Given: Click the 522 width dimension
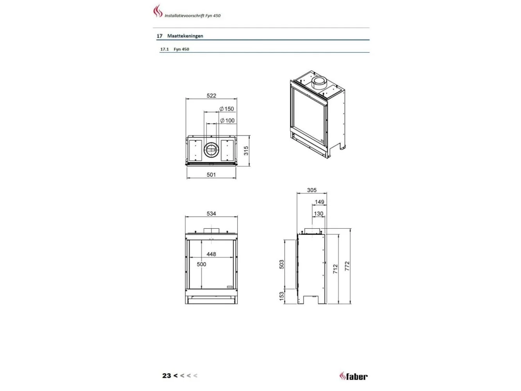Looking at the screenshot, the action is [211, 95].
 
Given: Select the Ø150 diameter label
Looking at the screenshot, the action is [227, 109].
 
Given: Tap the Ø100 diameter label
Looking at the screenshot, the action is [227, 120].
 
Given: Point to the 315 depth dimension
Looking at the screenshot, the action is [246, 151].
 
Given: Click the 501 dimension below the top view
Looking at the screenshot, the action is [211, 175].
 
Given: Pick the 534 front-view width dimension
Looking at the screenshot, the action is [211, 213].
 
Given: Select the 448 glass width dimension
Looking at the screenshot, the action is [211, 254].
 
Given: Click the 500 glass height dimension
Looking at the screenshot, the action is [201, 264].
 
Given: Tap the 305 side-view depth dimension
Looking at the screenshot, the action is [312, 190].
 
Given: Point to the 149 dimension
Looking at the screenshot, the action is [319, 202].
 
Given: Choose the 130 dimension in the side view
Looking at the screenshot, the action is [318, 213].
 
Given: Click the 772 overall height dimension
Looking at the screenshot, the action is [347, 266].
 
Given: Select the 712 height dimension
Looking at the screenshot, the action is [335, 269].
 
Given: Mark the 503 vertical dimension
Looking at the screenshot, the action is [281, 264].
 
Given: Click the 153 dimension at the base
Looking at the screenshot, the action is [281, 296].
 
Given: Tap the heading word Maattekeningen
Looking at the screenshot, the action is [185, 36].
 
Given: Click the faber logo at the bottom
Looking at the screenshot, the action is [353, 376].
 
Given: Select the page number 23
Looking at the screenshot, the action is [167, 376].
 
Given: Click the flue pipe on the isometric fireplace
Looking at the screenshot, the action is [319, 83].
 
